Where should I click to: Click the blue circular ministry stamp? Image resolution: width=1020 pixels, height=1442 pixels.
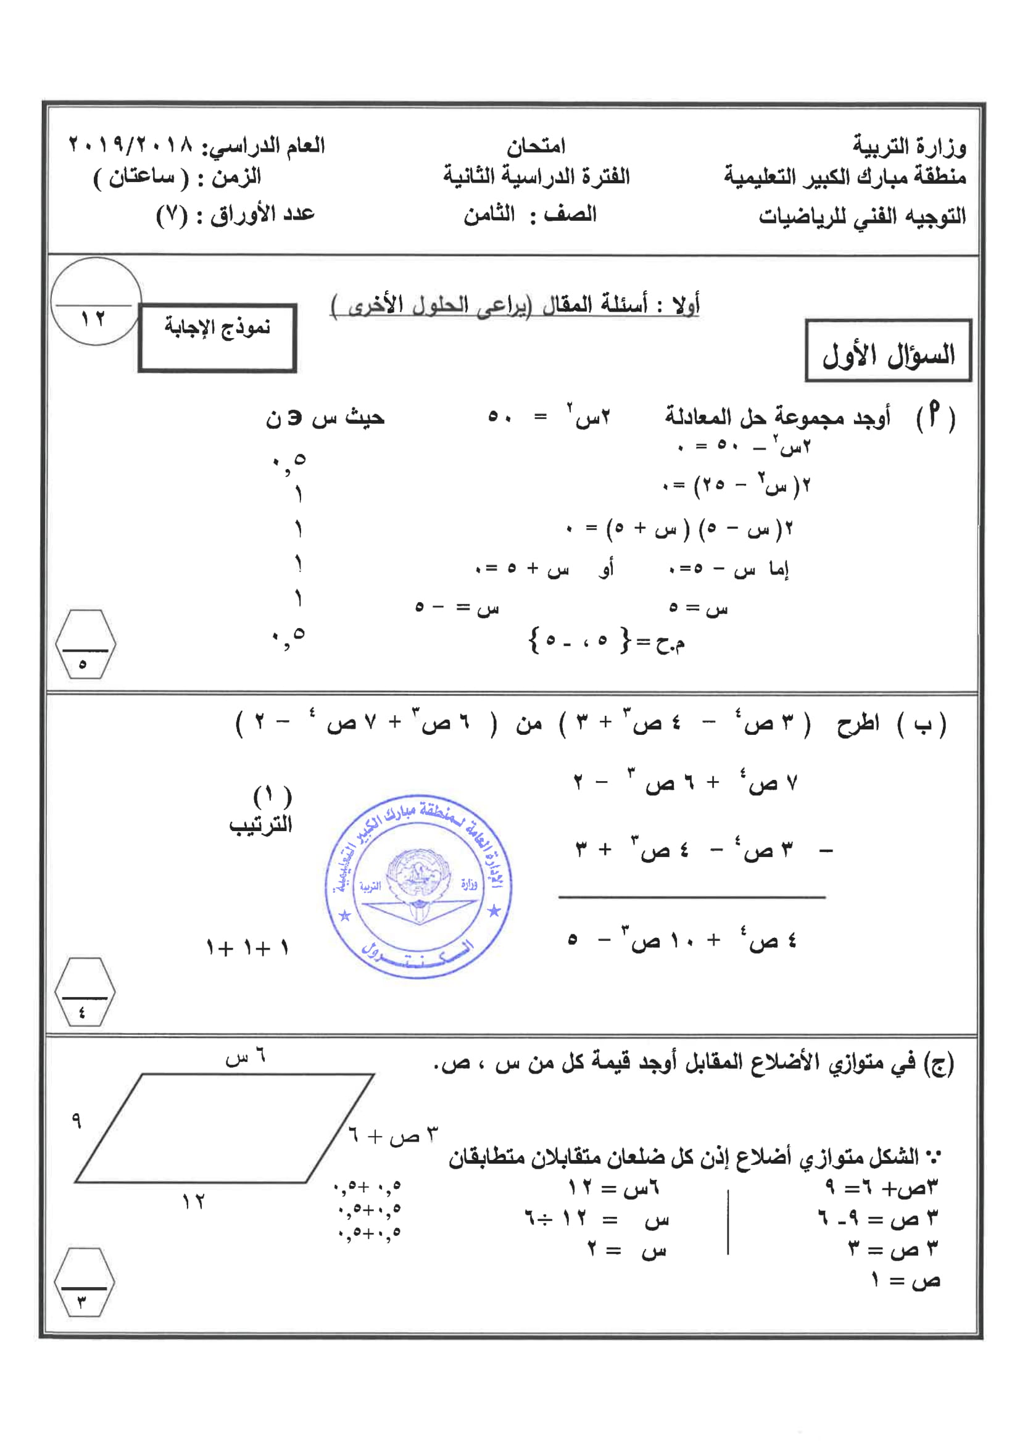pos(419,886)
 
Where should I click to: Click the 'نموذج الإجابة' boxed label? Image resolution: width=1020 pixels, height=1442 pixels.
pos(217,338)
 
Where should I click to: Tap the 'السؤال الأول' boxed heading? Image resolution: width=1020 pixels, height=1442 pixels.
pos(888,350)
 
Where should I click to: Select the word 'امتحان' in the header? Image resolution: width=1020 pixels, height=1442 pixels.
pos(536,146)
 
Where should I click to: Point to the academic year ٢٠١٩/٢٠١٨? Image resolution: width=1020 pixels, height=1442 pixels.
pos(131,146)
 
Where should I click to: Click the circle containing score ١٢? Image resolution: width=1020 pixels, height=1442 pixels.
pos(96,302)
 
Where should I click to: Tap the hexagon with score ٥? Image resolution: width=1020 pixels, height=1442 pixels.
pos(85,644)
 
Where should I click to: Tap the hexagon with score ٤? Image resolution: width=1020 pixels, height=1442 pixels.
pos(85,992)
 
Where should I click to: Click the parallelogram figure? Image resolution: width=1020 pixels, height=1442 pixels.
pos(224,1129)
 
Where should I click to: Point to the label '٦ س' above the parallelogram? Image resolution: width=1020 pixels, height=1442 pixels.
pos(246,1057)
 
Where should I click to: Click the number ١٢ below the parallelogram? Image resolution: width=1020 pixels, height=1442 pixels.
pos(194,1202)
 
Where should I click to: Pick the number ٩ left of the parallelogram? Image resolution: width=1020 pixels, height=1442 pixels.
pos(77,1120)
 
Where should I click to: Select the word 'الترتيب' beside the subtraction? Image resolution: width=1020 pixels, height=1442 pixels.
pos(260,824)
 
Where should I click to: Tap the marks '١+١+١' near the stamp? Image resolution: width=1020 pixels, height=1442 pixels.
pos(247,948)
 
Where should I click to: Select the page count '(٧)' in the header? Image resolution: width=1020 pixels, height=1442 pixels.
pos(172,215)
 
